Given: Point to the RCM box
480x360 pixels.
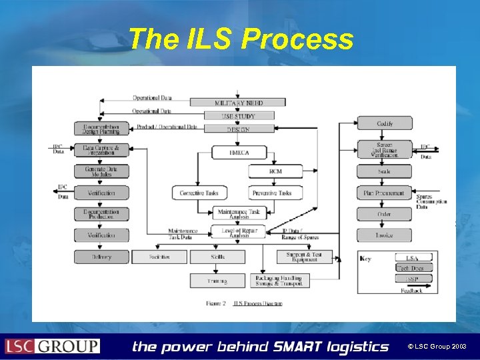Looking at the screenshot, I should pyautogui.click(x=275, y=171).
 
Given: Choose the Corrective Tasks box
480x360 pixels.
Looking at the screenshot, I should pyautogui.click(x=198, y=193).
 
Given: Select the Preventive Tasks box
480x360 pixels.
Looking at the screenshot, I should pyautogui.click(x=275, y=193).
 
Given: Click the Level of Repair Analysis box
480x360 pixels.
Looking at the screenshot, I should pyautogui.click(x=238, y=232).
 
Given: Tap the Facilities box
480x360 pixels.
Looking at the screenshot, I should pyautogui.click(x=159, y=257).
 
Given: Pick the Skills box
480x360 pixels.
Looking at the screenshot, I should pyautogui.click(x=217, y=257).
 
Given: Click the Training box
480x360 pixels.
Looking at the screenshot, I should pyautogui.click(x=217, y=281).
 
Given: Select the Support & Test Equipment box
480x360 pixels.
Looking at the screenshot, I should pyautogui.click(x=304, y=257).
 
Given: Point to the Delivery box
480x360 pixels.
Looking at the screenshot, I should pyautogui.click(x=101, y=257).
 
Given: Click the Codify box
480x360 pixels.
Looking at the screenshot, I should pyautogui.click(x=384, y=123).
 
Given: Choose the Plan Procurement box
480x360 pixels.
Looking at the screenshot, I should pyautogui.click(x=384, y=193).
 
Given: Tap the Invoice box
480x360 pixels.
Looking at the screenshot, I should pyautogui.click(x=384, y=235).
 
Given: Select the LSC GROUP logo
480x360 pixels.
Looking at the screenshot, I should pyautogui.click(x=53, y=346).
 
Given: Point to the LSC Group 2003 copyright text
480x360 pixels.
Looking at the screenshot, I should pyautogui.click(x=439, y=347).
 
